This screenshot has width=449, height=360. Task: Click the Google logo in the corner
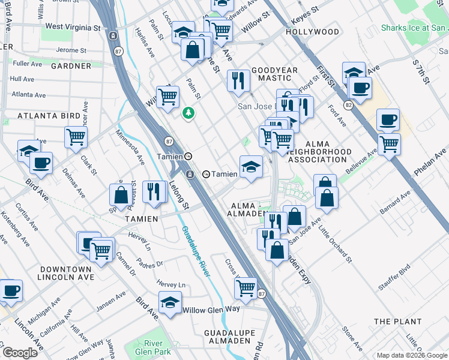19,352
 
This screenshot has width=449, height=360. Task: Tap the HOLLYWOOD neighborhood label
312,32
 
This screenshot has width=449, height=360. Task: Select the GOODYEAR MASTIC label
274,74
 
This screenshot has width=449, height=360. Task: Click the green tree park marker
189,112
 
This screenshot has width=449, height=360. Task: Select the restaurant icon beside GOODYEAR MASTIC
238,80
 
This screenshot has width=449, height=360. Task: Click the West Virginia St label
73,27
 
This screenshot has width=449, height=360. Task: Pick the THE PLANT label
397,322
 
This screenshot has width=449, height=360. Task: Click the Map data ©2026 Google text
411,355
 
